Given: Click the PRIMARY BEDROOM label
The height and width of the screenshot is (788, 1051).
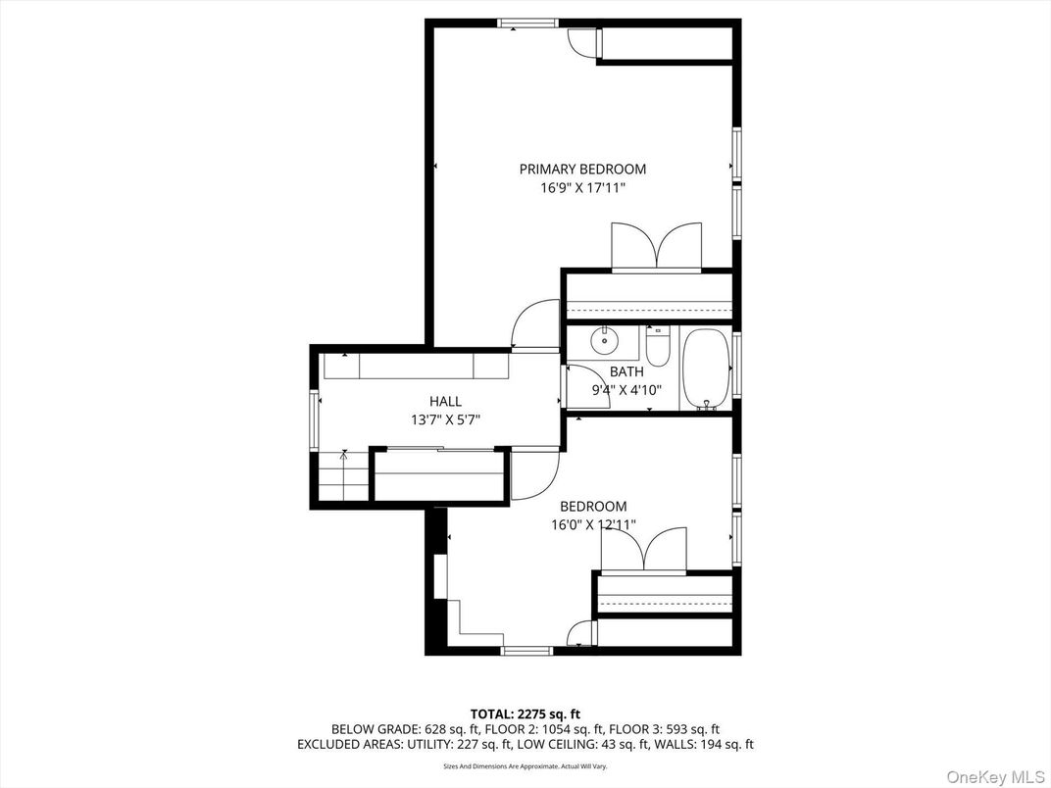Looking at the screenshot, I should (582, 170).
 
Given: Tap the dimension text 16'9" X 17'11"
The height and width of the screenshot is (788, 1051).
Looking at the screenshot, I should (582, 187).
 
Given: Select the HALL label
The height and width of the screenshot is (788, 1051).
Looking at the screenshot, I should (445, 402).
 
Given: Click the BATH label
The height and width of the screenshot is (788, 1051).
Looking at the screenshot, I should (626, 372).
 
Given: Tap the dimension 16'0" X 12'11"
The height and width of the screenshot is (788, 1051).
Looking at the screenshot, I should (593, 524).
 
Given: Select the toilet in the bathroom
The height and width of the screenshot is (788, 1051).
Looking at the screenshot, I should (658, 348).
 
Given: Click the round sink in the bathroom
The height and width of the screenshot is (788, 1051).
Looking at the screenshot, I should (605, 343).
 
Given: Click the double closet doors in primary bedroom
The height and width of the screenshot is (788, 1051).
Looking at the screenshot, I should (656, 247).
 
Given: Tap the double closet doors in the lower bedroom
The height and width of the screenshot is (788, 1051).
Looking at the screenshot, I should (643, 550).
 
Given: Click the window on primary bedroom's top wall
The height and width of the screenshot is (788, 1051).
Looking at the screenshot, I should (527, 23).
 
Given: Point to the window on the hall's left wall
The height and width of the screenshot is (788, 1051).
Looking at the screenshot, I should (315, 419).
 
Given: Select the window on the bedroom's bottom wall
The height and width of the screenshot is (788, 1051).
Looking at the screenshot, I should (526, 650).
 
